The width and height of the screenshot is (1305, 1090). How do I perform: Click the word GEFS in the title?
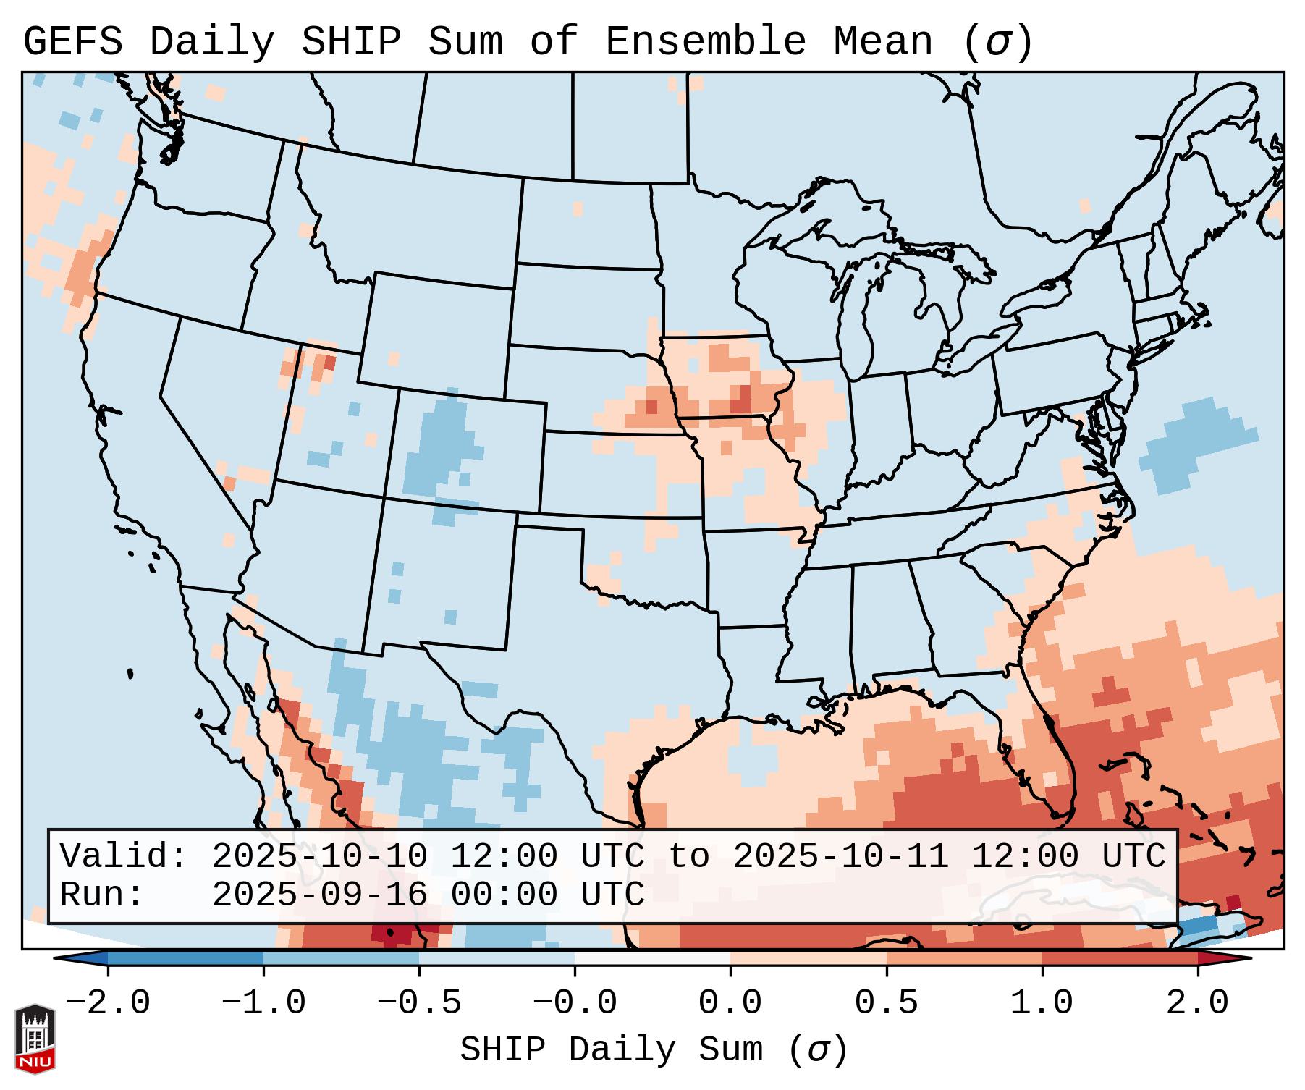tap(72, 42)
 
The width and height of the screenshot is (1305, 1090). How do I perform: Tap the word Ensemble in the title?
tap(706, 42)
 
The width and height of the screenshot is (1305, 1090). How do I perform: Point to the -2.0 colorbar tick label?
tap(108, 1003)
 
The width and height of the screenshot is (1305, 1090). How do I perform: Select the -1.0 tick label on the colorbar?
tap(263, 1003)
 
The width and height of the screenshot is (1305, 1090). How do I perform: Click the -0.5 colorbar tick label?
tap(419, 1003)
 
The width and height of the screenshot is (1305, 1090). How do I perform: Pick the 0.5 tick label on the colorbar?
tap(886, 1003)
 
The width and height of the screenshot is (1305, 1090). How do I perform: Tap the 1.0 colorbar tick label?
tap(1042, 1003)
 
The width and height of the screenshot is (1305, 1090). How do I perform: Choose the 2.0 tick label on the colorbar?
tap(1197, 1003)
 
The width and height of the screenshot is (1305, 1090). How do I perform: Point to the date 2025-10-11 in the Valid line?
tap(840, 857)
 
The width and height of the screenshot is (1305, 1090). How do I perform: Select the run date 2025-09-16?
tap(319, 895)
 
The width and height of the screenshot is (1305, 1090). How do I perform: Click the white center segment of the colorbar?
tap(652, 958)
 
